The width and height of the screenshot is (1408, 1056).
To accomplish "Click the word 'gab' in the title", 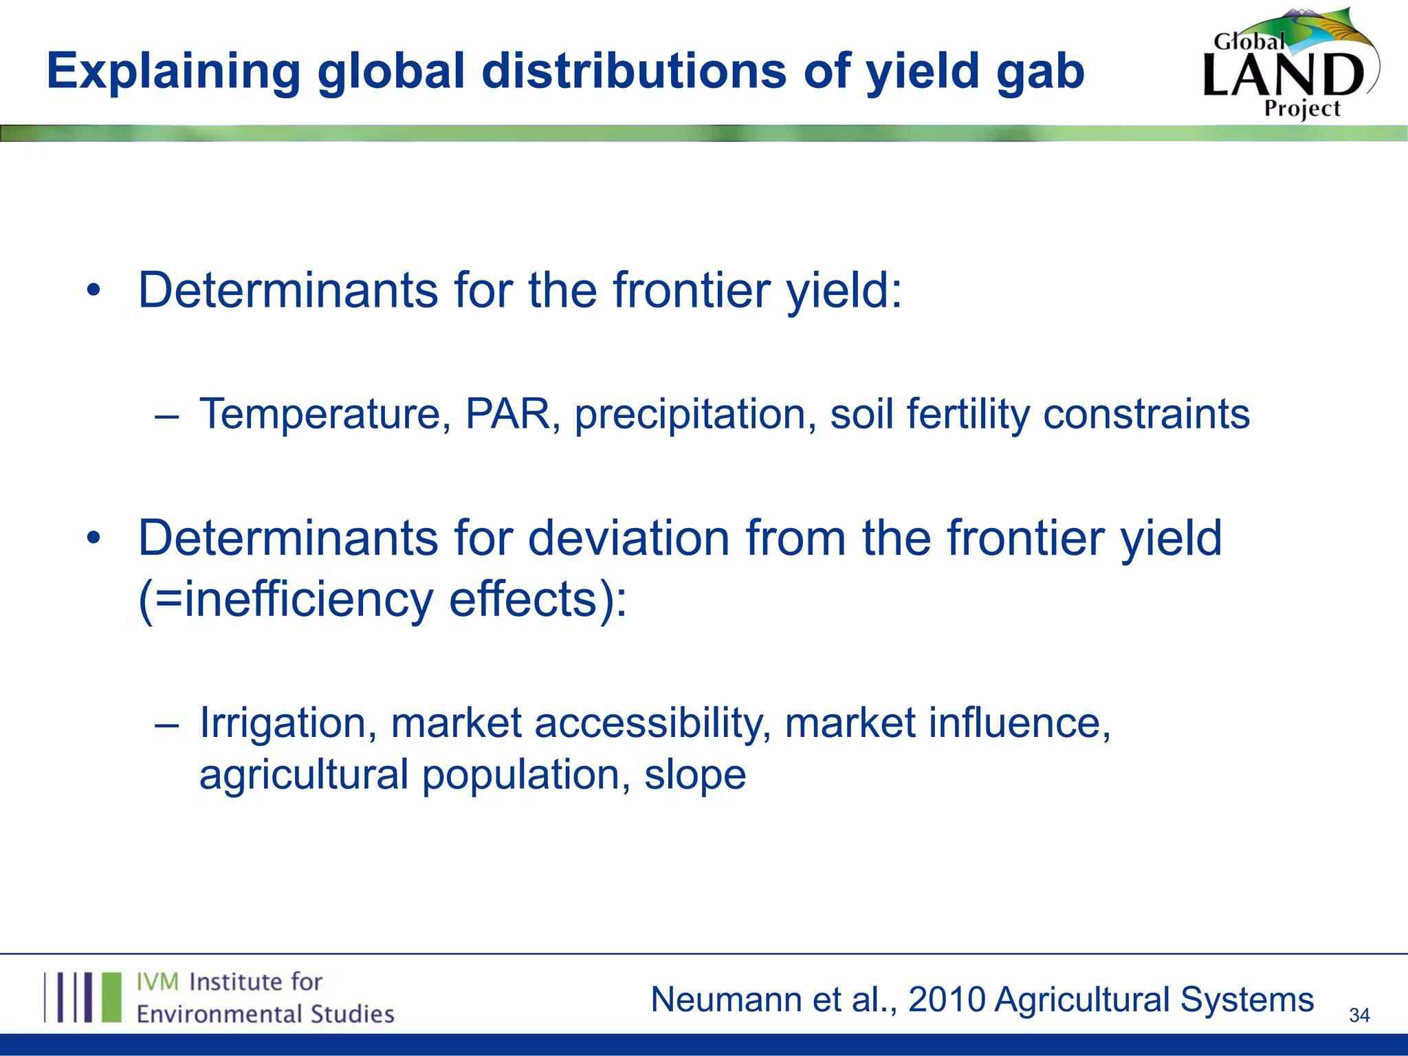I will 1040,72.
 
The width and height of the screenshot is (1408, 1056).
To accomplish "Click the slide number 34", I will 1359,1015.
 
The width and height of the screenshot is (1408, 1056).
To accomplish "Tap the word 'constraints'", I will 1145,414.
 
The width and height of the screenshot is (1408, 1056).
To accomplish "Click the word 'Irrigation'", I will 287,724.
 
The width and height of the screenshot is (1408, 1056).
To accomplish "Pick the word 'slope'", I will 694,775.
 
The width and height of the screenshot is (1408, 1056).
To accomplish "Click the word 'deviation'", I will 628,538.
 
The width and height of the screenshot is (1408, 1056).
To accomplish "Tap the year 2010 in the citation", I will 947,999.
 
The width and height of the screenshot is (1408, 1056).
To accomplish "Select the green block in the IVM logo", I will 111,997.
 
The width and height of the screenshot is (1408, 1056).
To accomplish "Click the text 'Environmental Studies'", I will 265,1014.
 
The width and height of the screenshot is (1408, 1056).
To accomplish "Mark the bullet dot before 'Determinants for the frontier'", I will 94,291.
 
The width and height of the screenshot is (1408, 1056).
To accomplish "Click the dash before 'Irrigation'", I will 167,725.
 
